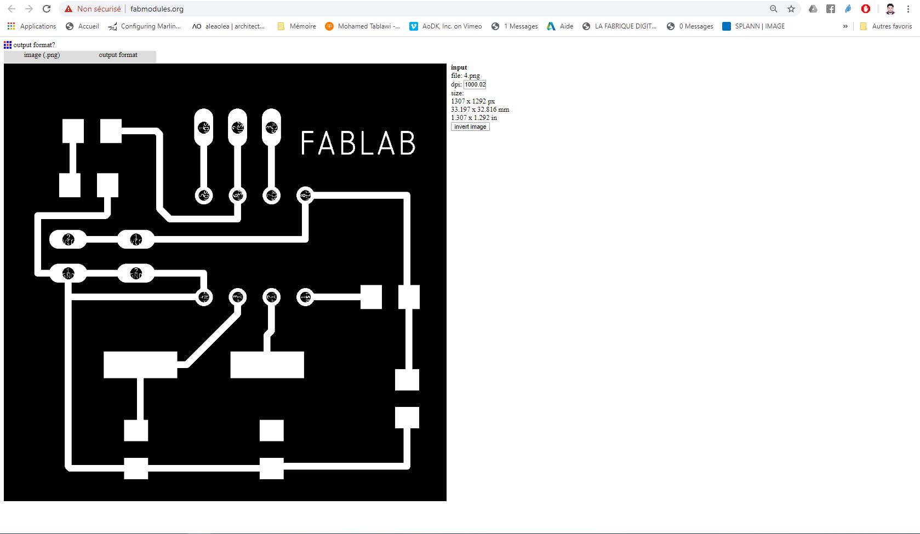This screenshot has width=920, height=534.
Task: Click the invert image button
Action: (470, 127)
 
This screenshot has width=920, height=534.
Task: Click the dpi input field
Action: (475, 84)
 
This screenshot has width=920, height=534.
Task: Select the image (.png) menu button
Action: (42, 55)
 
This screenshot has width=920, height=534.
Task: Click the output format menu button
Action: (118, 55)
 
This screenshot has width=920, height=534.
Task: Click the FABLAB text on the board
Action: (358, 143)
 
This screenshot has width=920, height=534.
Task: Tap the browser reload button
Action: (47, 9)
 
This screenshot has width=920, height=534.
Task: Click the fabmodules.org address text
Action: (157, 9)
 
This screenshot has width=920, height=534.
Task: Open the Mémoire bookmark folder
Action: (297, 26)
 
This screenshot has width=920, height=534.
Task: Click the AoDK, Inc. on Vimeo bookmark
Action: (446, 26)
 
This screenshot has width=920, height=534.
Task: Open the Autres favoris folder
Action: (886, 26)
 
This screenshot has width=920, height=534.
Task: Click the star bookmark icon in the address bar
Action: (791, 9)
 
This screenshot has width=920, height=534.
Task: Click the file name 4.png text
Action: (471, 76)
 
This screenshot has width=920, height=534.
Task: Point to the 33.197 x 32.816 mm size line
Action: (480, 110)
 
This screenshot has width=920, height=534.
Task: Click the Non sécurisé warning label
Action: (98, 9)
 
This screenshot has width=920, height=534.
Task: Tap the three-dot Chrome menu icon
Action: (908, 9)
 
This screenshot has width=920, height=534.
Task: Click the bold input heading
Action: (459, 67)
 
